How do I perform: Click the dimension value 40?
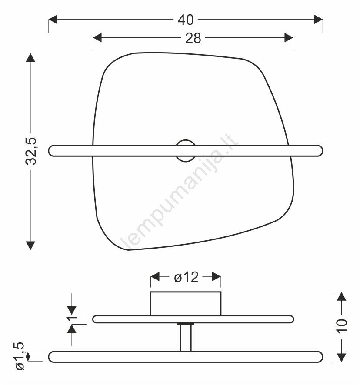point(186,20)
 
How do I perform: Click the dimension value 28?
point(193,38)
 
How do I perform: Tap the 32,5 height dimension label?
point(31,151)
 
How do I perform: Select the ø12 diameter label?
point(186,277)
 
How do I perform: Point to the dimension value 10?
point(342,326)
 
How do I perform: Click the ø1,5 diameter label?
point(20,356)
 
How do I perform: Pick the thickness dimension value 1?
point(72,319)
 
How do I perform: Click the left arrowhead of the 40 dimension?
point(53,20)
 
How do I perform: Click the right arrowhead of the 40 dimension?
point(318,20)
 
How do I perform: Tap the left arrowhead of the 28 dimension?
point(97,38)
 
